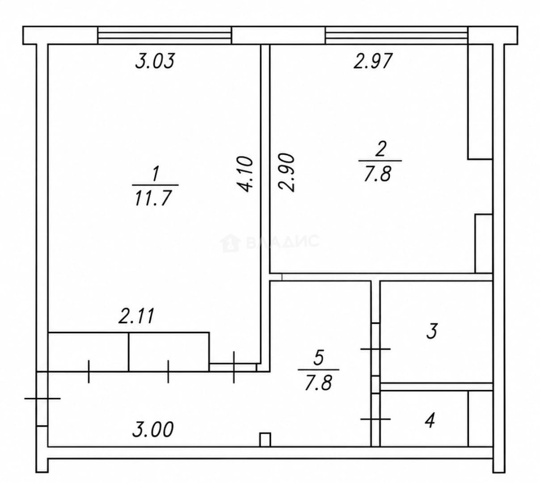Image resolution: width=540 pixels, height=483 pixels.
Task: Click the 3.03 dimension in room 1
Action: (x=155, y=61)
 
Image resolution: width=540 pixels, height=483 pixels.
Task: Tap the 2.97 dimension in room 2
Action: (x=373, y=61)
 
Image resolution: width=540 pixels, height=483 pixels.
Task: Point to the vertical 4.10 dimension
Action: (x=245, y=174)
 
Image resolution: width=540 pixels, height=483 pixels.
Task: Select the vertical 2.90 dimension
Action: (x=287, y=172)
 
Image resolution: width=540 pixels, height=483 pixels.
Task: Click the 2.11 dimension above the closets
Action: (x=136, y=316)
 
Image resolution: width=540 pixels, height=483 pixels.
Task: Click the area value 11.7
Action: (x=152, y=199)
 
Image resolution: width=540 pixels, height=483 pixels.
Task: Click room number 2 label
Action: (x=380, y=149)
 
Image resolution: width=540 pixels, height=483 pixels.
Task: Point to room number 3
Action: (x=432, y=331)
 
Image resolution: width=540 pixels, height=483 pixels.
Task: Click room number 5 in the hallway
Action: (x=319, y=358)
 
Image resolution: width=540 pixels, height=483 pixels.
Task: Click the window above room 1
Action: (x=165, y=35)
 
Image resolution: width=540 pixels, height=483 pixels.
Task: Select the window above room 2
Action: (x=397, y=35)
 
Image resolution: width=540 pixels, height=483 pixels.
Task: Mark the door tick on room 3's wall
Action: (x=375, y=348)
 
